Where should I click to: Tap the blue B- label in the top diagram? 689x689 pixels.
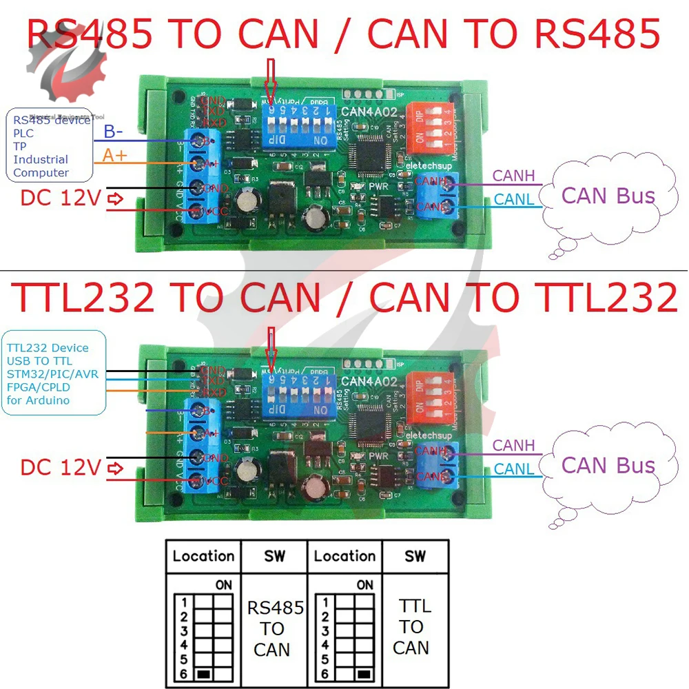pos(114,132)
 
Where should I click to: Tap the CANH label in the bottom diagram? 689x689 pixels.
pos(513,446)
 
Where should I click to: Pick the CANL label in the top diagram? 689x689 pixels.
pos(513,200)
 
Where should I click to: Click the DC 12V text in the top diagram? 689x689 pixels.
pos(61,198)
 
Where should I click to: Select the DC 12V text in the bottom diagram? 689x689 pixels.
pos(61,468)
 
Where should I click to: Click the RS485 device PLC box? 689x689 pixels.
pos(50,145)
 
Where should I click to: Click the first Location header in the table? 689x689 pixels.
pos(203,556)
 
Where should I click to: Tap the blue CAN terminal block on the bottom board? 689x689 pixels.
pos(434,463)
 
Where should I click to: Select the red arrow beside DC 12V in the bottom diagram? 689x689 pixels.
pos(116,469)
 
